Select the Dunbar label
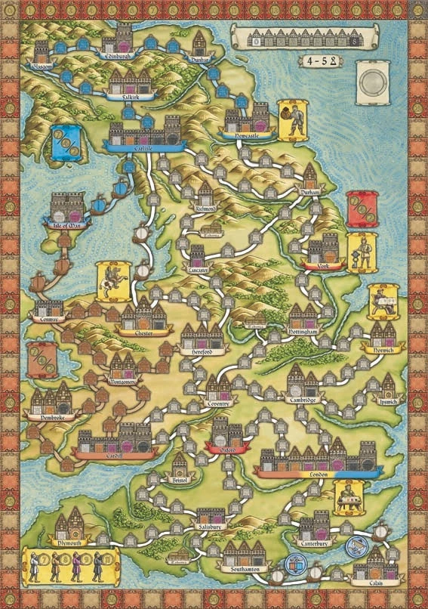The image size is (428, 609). click(x=200, y=54)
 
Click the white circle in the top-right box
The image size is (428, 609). click(x=371, y=82)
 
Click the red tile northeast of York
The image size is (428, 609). click(x=361, y=209)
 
